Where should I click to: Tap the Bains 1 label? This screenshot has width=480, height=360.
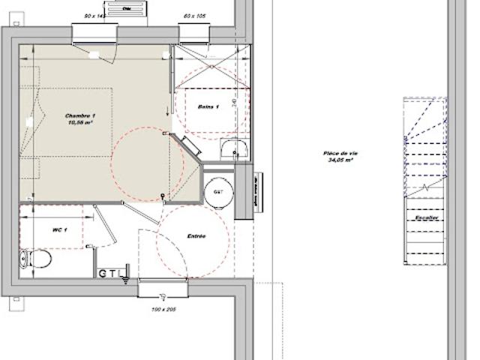click(x=208, y=107)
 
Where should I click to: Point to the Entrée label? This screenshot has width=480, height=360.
click(x=196, y=235)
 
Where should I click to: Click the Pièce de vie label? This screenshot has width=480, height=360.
click(x=339, y=152)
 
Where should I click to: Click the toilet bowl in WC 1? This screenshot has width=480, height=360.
click(x=37, y=259)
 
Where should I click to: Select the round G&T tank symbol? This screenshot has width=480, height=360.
click(x=219, y=191)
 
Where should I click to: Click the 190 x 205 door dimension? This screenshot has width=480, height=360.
click(x=163, y=309)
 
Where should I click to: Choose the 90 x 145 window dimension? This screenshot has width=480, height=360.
click(x=95, y=16)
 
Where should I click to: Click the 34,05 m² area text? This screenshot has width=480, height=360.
click(x=339, y=160)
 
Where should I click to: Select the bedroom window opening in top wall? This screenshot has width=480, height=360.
click(x=94, y=34)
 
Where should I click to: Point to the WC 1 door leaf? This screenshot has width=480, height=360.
click(x=103, y=224)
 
